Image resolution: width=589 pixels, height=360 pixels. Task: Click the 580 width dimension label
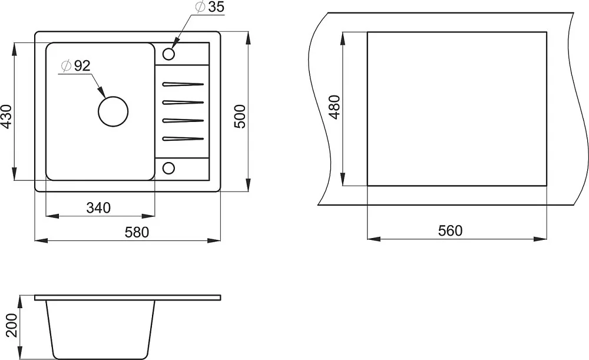[137, 232]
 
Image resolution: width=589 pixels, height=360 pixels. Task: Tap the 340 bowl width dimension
[98, 207]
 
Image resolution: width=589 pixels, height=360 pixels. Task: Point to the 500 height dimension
[239, 117]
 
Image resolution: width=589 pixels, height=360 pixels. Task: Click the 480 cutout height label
[334, 107]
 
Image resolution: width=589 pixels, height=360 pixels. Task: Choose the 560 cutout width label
[450, 230]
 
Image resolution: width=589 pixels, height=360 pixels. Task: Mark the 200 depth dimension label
[12, 325]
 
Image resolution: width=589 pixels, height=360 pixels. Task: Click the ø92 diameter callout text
[76, 66]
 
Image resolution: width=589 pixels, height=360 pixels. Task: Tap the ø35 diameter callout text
[210, 6]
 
